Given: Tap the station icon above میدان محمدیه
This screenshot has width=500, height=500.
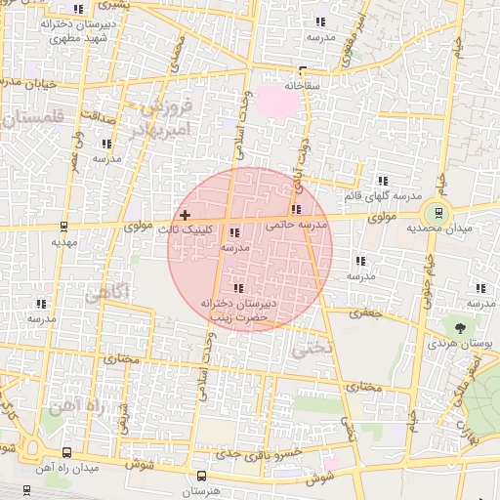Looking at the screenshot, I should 437,210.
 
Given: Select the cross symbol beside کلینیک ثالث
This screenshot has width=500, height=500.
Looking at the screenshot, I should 185,214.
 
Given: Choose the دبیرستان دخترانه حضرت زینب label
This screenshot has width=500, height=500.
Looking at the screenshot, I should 239,311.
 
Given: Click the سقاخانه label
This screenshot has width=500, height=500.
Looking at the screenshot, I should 303,85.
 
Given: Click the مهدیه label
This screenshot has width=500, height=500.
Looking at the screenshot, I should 63,240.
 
